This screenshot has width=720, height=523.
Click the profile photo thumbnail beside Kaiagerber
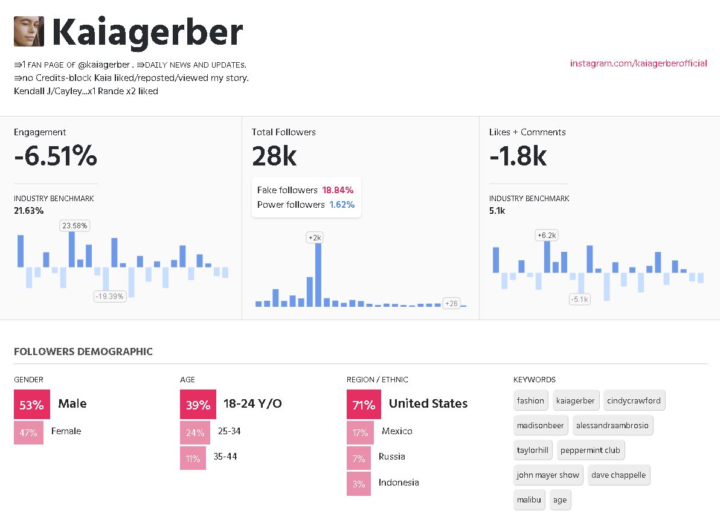(x=29, y=31)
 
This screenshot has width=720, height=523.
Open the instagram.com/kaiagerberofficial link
(x=638, y=63)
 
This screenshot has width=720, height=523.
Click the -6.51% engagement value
(x=56, y=157)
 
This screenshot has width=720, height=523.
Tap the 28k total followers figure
(x=274, y=157)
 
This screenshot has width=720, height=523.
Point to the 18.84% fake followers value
(x=338, y=190)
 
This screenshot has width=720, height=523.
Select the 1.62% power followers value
(x=342, y=205)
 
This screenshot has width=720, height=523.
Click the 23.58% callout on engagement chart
(x=74, y=226)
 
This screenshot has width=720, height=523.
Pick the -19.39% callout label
(x=109, y=296)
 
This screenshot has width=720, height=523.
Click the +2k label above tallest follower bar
(x=315, y=238)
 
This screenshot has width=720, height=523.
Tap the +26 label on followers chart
(x=451, y=303)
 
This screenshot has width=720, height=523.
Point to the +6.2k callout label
(x=547, y=235)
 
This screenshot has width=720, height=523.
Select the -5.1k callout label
(x=579, y=299)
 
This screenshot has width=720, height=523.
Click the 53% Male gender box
(x=31, y=405)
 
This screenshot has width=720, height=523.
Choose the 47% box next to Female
(x=28, y=432)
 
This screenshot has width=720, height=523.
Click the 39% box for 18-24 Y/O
(x=198, y=405)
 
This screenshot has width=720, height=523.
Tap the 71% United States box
(x=364, y=405)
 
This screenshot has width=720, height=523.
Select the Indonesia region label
(x=399, y=483)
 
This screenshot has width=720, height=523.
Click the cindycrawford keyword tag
(x=634, y=400)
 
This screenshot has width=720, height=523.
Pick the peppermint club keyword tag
(x=590, y=451)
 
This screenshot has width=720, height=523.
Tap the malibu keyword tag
(x=530, y=500)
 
